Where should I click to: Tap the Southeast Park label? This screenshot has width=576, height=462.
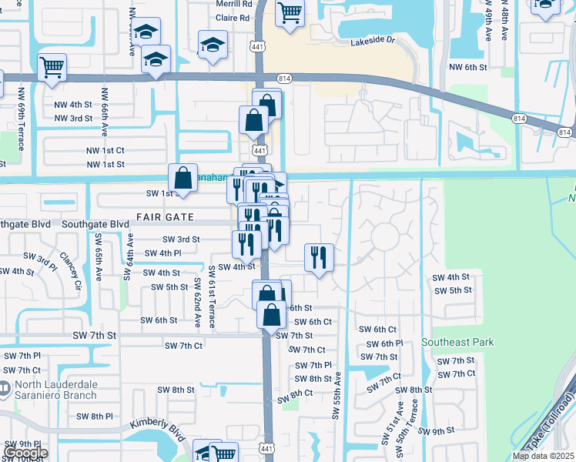[x=457, y=342]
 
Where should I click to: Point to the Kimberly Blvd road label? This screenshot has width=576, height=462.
[x=158, y=429]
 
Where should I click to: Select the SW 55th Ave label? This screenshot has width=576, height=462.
[x=337, y=397]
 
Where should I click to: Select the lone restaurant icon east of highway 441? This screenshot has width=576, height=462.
[x=319, y=256]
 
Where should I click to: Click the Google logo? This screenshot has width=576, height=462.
[x=26, y=453]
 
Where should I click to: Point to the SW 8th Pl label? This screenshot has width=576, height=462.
[x=95, y=417]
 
